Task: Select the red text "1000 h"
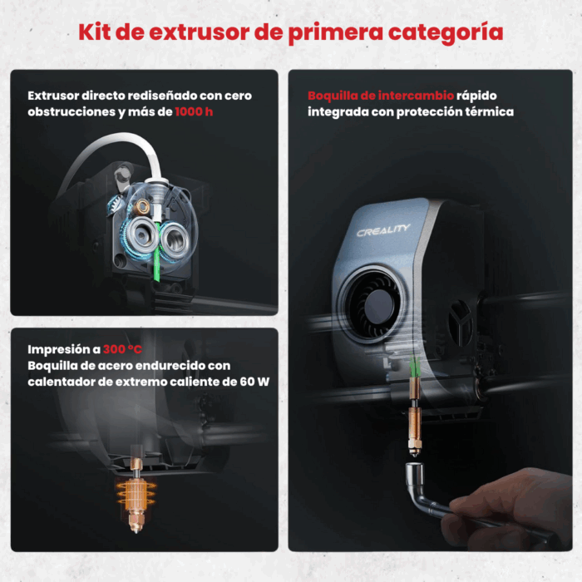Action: pos(194,111)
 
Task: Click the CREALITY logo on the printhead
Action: pos(383,230)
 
